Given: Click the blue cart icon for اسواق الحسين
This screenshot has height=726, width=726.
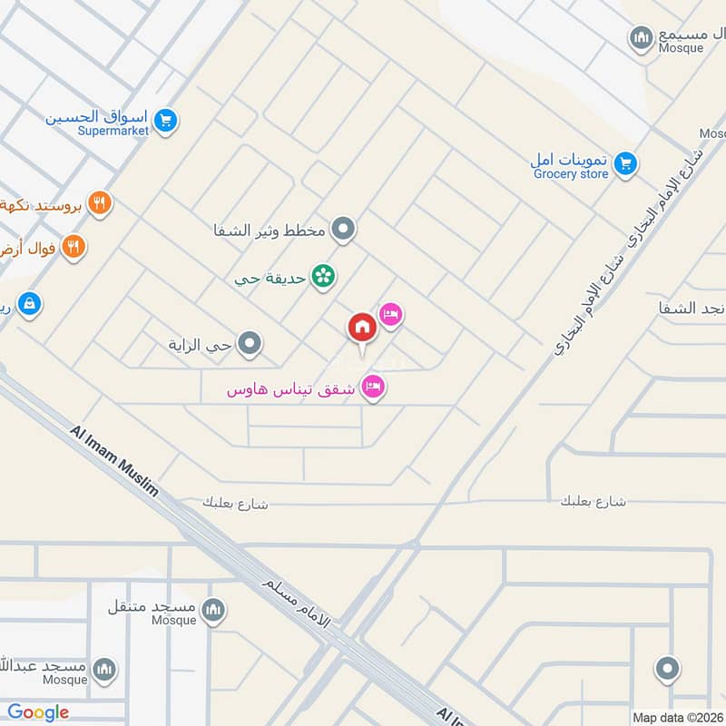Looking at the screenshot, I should [164, 120].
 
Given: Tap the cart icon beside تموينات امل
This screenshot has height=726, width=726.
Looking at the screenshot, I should [623, 164].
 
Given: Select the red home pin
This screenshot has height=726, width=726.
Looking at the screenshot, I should [361, 328].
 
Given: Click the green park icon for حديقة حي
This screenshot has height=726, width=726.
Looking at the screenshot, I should [321, 275].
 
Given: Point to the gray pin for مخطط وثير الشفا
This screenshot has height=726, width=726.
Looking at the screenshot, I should [342, 230].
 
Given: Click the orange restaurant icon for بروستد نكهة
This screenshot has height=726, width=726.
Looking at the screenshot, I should [100, 203].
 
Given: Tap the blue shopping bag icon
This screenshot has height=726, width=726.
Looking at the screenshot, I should [29, 304].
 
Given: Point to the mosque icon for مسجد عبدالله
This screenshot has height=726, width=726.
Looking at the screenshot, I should [105, 669].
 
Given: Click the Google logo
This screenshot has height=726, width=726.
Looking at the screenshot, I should [38, 712].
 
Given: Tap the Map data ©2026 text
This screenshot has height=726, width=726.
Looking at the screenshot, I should [677, 718].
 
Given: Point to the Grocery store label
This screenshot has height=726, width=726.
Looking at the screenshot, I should [571, 174].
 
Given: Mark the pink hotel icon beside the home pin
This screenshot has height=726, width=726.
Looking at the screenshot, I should [390, 315].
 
